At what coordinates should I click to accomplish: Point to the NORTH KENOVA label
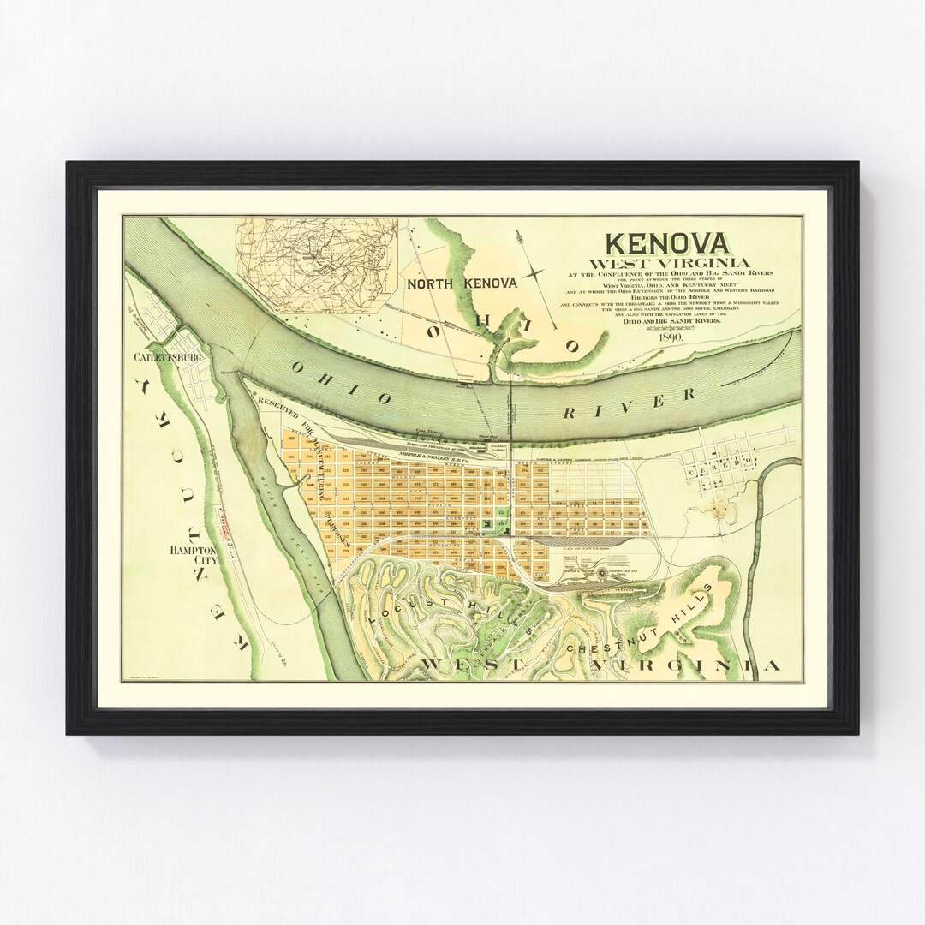[x=462, y=284]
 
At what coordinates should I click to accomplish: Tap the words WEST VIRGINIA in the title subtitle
[x=665, y=262]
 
